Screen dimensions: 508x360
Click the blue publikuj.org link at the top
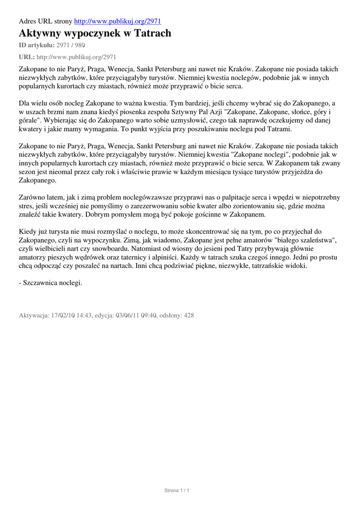click(x=117, y=21)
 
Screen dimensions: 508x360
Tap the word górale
click(x=29, y=121)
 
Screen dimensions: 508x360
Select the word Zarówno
click(x=32, y=197)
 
